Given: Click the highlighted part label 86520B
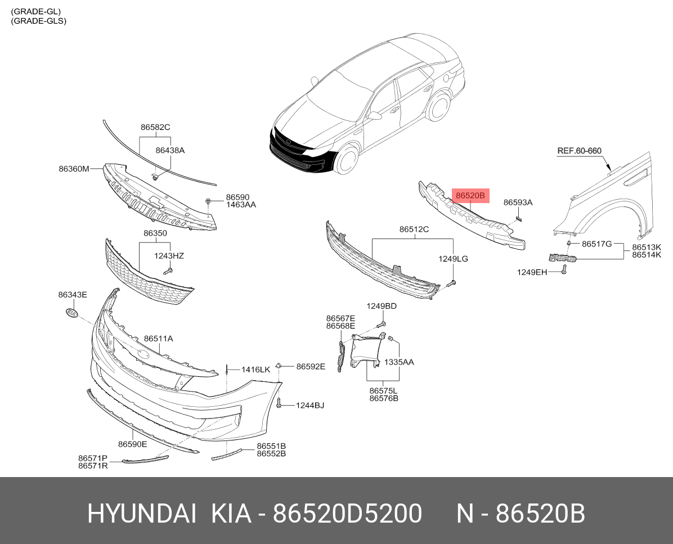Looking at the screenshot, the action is [470, 196].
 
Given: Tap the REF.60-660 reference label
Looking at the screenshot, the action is [579, 151].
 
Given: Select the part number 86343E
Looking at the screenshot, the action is [73, 295].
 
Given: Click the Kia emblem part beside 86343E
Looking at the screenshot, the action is [72, 313].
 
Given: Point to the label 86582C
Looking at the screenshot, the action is [155, 127].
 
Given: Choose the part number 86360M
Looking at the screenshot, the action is [74, 169].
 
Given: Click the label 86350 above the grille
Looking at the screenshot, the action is [155, 233].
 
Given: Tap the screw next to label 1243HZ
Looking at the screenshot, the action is [168, 271].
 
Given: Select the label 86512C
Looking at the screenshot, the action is [414, 229].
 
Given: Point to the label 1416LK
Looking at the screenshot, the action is [256, 370].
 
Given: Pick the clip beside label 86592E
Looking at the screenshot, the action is [279, 366].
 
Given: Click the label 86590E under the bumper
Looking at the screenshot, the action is [133, 444].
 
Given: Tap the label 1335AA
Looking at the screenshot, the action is [399, 362].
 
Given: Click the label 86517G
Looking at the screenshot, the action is [596, 244].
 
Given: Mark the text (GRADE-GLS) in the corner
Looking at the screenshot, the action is [39, 21].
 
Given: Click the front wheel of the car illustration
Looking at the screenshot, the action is [347, 159].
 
